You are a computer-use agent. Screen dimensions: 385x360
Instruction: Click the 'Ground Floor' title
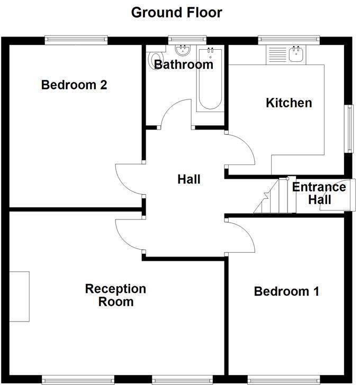(x=177, y=12)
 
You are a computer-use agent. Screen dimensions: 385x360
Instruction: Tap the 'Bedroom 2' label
(x=74, y=85)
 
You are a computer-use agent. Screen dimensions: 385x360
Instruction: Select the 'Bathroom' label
(x=183, y=65)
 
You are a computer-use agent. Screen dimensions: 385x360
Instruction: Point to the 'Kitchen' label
(x=289, y=103)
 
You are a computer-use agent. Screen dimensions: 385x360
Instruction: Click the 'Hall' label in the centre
(x=188, y=179)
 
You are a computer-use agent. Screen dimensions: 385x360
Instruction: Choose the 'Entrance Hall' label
(x=319, y=193)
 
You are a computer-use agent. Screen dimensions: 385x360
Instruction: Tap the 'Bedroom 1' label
(x=286, y=291)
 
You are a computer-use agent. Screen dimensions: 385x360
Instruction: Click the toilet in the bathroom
(x=155, y=58)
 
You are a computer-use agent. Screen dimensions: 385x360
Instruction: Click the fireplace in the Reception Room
(x=19, y=296)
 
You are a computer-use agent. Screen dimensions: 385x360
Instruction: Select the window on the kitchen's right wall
(x=349, y=129)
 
